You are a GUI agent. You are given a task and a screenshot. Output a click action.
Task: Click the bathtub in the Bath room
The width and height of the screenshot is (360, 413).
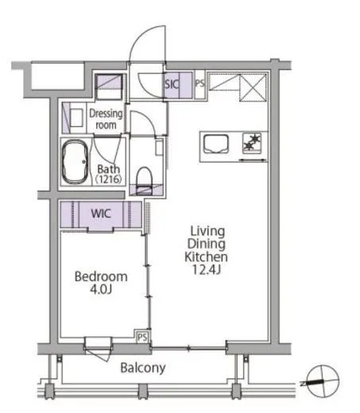click(x=75, y=161)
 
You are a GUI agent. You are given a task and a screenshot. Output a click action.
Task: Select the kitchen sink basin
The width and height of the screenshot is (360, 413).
click(x=216, y=144)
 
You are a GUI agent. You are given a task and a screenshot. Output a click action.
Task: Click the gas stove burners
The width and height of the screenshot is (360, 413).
click(x=252, y=142)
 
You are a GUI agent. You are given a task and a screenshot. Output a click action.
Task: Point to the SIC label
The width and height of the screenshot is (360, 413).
click(x=172, y=84)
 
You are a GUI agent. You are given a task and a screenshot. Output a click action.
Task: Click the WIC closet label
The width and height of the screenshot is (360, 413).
click(x=101, y=214)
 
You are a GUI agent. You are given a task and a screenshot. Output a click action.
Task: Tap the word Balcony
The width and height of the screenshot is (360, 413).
click(x=143, y=368)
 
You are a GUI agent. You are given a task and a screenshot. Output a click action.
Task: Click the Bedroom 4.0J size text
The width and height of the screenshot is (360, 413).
click(x=101, y=289)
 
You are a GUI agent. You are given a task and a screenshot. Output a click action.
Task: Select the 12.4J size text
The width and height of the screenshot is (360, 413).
click(x=206, y=269)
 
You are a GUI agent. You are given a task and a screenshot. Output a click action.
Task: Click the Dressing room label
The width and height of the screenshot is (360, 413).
click(x=106, y=119)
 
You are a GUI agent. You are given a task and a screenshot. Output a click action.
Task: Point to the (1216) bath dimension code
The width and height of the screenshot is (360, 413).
click(x=108, y=179)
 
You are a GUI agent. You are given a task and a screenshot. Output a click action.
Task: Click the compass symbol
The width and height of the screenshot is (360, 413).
click(x=322, y=381)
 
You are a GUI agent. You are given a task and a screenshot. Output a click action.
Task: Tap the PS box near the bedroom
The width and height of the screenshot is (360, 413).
click(x=142, y=338)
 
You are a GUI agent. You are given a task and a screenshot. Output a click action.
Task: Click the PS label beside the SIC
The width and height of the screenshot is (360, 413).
click(x=199, y=83)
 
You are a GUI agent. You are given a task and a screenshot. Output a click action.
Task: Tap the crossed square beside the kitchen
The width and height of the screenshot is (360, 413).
click(x=253, y=87)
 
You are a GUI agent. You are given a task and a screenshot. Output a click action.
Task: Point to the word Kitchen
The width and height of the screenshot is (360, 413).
click(x=206, y=257)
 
